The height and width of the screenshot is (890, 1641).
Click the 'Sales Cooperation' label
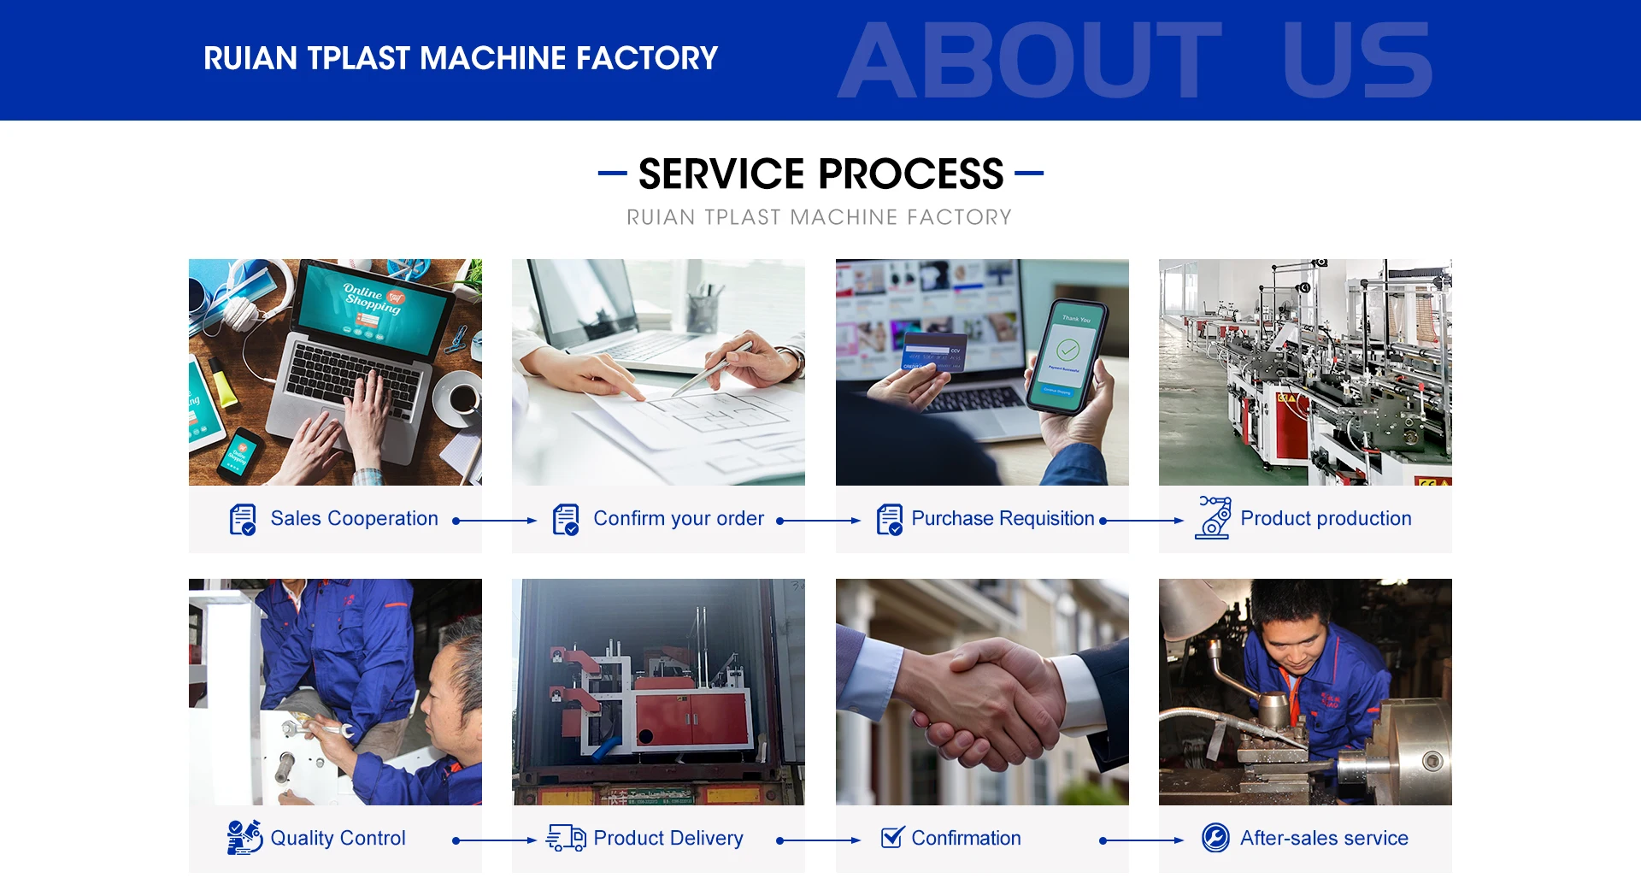pos(354,518)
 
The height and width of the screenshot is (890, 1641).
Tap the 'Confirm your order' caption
pos(679,519)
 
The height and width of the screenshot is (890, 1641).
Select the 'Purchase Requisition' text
pos(1003,518)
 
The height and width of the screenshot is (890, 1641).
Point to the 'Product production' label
pos(1326,518)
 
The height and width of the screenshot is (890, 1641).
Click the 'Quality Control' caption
pos(338,839)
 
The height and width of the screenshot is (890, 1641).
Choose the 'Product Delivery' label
pos(668,839)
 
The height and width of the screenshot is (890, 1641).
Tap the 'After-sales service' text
pos(1324,838)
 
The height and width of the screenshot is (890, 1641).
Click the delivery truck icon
pos(566,838)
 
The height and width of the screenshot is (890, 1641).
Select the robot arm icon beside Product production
pos(1214,517)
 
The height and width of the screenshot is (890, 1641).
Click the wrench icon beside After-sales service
pos(1215,838)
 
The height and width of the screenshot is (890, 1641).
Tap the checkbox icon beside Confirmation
pos(892,837)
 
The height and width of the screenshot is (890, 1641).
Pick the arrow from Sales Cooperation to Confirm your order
pos(495,521)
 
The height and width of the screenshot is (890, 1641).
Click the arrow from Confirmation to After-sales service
pos(1142,840)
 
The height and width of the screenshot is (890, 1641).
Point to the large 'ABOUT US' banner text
pos(1135,61)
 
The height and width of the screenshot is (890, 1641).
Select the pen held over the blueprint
pos(712,368)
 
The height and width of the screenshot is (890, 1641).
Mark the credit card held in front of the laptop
pos(933,355)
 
